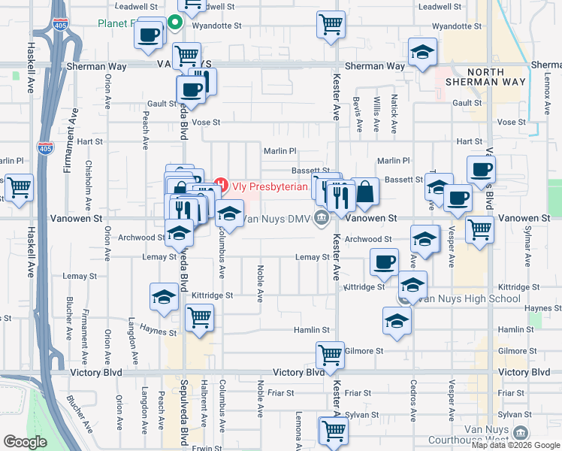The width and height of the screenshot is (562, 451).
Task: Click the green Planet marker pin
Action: [175, 23]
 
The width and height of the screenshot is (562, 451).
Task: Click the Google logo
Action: [25, 442]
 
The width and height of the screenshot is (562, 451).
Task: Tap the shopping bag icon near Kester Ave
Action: [365, 192]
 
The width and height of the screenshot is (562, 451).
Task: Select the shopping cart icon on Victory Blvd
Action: [330, 354]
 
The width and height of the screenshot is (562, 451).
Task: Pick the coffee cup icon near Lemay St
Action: [384, 262]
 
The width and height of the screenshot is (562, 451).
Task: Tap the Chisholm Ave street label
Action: [89, 184]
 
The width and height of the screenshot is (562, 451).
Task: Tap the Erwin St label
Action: [203, 448]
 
